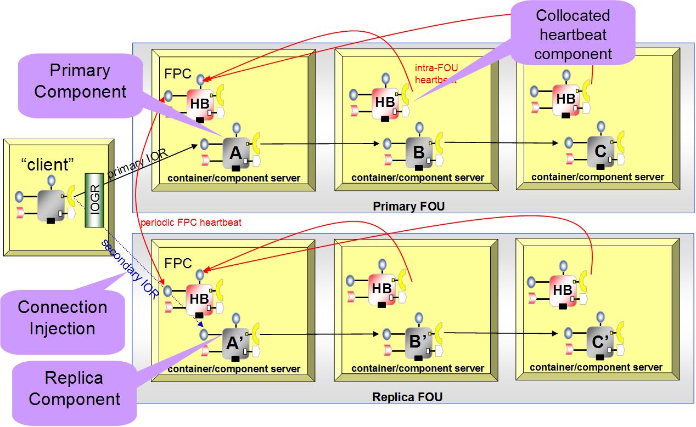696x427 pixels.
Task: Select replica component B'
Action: [419, 342]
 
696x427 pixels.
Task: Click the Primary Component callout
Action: [80, 82]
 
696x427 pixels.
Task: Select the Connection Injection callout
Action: [61, 317]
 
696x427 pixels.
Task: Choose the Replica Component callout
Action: [74, 389]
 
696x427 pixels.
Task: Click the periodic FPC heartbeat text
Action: [190, 223]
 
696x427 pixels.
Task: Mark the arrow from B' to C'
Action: [502, 333]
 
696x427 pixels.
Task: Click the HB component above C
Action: [565, 99]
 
